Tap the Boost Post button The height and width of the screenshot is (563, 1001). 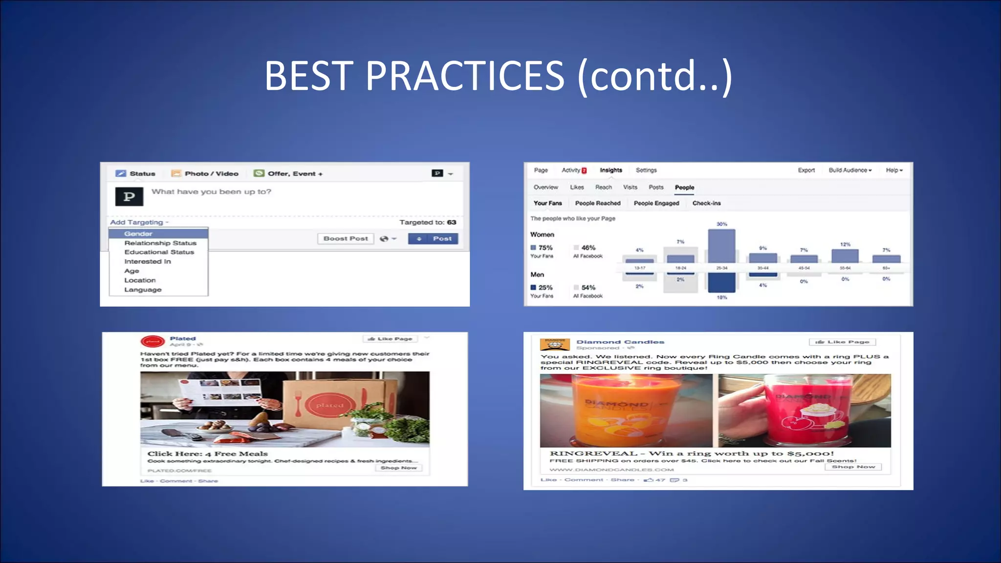pos(346,238)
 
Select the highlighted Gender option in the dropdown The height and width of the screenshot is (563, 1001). pos(138,234)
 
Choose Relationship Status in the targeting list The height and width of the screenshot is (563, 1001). pos(160,243)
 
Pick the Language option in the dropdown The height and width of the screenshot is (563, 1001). pos(142,289)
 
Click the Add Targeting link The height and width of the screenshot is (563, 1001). pos(138,222)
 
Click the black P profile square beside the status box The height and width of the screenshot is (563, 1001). pos(129,196)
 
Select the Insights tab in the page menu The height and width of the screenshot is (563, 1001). pos(610,170)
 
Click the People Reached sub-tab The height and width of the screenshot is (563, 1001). pos(597,203)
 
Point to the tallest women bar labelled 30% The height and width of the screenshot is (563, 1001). pos(721,245)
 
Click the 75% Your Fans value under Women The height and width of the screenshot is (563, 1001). pos(545,248)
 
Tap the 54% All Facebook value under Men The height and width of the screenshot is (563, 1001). pos(588,287)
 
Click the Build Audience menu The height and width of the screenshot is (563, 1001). pos(849,170)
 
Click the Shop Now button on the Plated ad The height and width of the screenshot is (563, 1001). pos(398,468)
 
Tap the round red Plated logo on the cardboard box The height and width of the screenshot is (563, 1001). pos(329,405)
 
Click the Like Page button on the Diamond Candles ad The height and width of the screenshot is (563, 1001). pos(842,342)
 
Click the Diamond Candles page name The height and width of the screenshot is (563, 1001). pos(620,342)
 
